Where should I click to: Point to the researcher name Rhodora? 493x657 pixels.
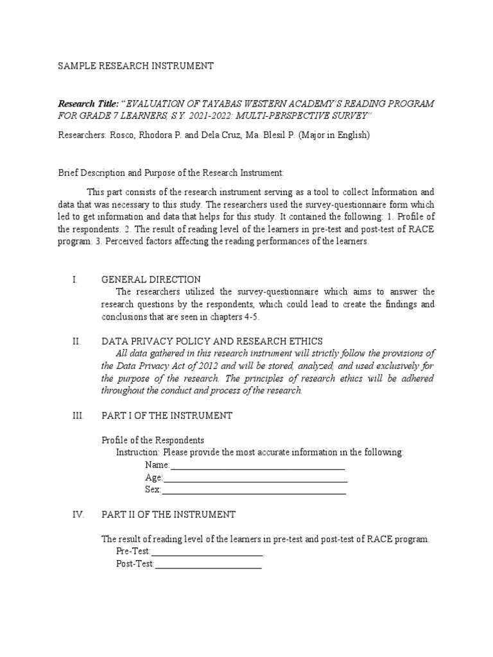point(169,135)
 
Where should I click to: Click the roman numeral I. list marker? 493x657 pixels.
point(75,280)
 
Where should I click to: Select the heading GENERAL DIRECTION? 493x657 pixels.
point(151,280)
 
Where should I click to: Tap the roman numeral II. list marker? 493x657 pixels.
point(76,341)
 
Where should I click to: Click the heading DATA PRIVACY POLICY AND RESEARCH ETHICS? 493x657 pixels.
point(212,341)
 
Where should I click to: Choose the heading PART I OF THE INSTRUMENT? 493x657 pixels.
point(167,416)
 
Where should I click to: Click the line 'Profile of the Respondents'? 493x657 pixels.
point(153,440)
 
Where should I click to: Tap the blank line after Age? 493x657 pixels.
point(255,478)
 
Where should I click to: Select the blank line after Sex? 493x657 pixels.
point(254,491)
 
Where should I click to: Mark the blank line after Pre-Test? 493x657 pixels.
point(207,552)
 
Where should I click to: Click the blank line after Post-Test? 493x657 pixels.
point(208,565)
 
